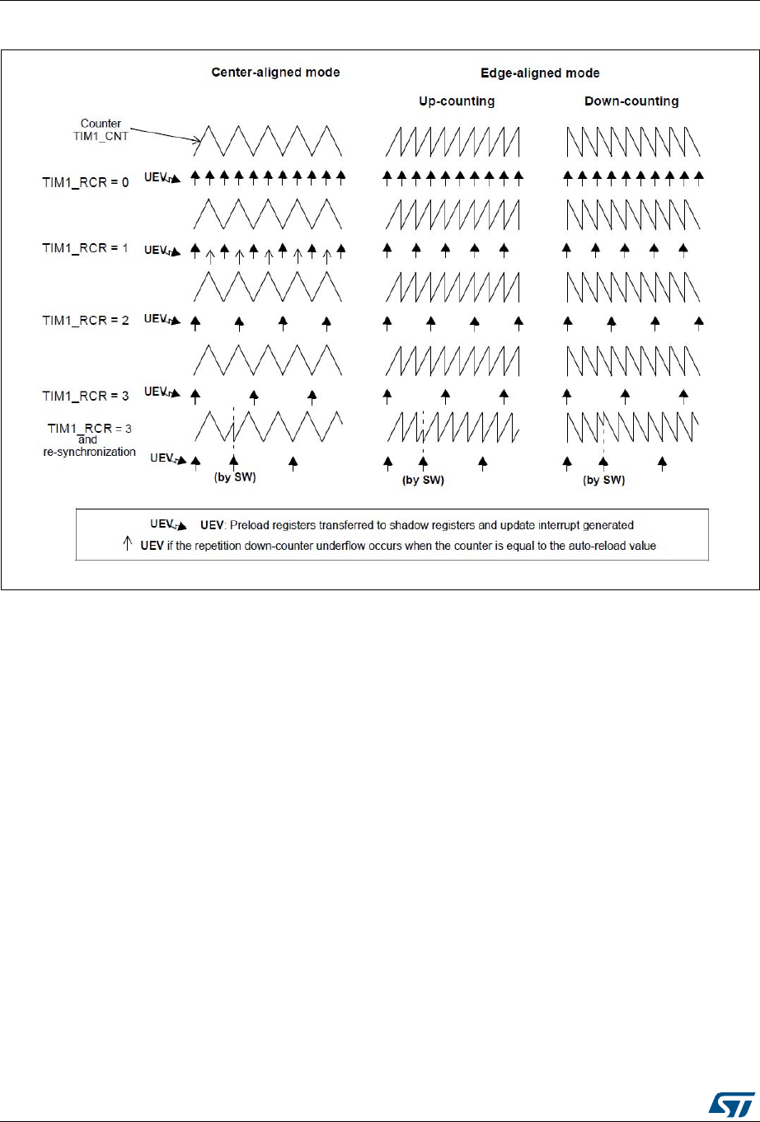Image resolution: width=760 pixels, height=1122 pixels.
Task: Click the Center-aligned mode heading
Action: (x=274, y=73)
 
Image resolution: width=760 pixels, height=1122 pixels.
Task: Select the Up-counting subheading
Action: (x=453, y=101)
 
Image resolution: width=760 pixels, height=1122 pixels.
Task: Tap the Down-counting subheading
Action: (x=631, y=101)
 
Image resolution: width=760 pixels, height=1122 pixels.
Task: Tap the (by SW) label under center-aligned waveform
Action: (x=235, y=478)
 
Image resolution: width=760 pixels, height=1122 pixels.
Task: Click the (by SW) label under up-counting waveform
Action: (x=423, y=481)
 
